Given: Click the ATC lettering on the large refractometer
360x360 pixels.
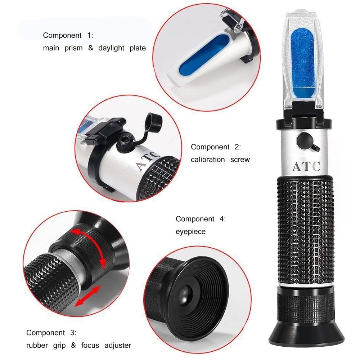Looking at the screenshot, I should (x=306, y=166).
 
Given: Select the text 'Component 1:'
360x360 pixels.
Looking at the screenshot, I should (x=68, y=35).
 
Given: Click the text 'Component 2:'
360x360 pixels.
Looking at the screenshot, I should (x=216, y=147).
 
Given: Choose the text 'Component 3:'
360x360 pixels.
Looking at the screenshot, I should (x=51, y=333).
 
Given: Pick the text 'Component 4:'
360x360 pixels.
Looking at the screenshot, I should (x=201, y=219).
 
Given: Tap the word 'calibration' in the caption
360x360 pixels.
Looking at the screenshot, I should (x=208, y=159).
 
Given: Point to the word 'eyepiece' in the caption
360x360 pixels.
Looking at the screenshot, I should (x=190, y=231).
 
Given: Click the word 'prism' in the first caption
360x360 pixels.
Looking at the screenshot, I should (x=74, y=48).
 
